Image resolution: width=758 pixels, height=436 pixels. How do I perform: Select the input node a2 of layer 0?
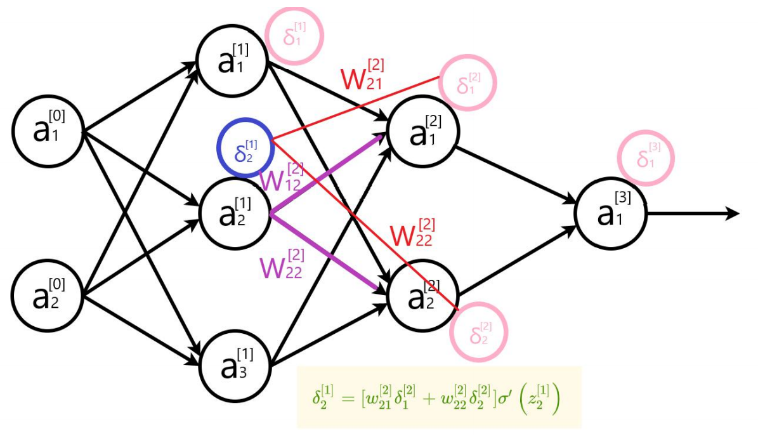tap(48, 294)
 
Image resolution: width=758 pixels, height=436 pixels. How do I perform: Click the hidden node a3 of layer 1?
tap(235, 365)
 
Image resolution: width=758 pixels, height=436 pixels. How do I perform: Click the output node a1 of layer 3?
tap(610, 213)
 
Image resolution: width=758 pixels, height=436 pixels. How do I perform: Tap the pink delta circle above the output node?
tap(646, 159)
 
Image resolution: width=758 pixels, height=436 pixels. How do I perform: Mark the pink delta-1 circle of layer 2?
tap(467, 84)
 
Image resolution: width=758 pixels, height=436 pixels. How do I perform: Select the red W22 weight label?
tap(412, 235)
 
